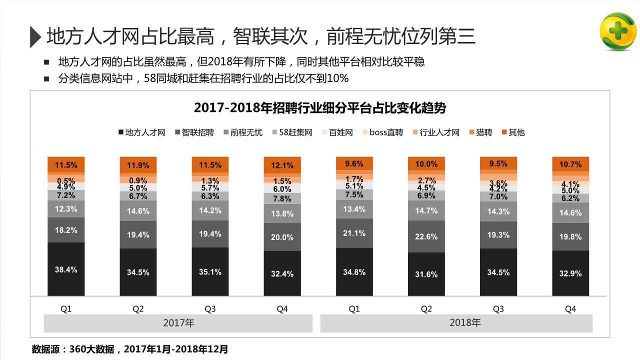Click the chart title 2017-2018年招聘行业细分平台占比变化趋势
point(320,108)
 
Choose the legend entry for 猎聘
point(480,132)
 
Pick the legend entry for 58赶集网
point(292,132)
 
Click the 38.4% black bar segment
point(66,269)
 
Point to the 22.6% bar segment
point(426,236)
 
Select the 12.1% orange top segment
point(282,165)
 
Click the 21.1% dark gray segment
point(354,233)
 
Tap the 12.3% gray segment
point(66,209)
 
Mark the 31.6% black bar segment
point(426,274)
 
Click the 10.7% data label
point(570,164)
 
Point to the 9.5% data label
point(498,163)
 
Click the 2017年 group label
point(178,323)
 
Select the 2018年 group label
point(465,323)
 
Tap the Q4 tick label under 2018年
point(570,309)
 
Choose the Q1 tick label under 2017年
point(66,309)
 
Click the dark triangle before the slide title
point(35,36)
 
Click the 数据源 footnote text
point(129,348)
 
